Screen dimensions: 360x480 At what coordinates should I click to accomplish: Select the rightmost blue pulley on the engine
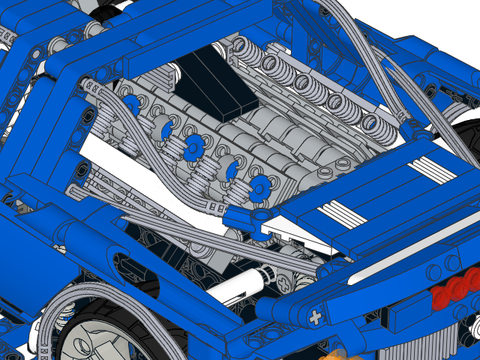pos(260,187)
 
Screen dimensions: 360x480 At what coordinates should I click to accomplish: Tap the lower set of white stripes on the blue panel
pos(343,214)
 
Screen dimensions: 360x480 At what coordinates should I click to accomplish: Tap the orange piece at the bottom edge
pos(334,354)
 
